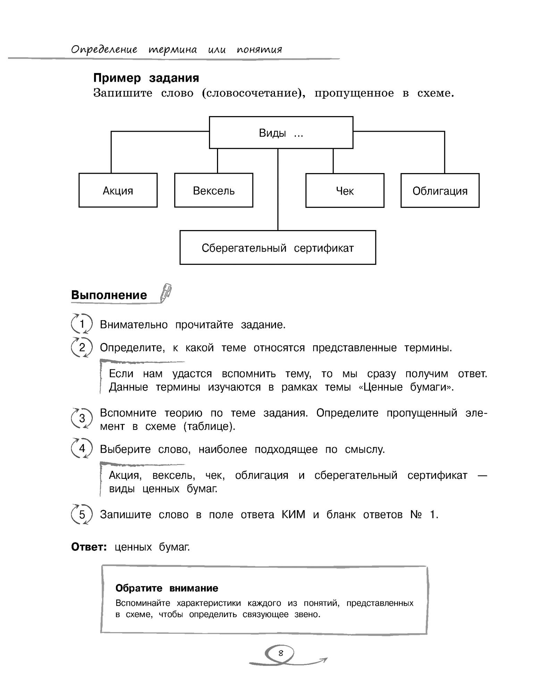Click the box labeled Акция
pos(118,190)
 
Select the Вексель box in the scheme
pos(214,190)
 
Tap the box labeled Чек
pos(345,191)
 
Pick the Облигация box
pos(440,191)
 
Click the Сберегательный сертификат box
pos(278,248)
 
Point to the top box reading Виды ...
pos(281,133)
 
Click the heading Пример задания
pos(146,78)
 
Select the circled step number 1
pos(82,324)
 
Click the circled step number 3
pos(82,418)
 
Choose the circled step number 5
pos(82,514)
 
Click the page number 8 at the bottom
pos(281,653)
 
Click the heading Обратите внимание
pos(167,588)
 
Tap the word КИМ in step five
pos(293,515)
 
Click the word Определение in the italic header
pos(104,50)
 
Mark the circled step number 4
pos(82,449)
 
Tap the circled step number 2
pos(82,347)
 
